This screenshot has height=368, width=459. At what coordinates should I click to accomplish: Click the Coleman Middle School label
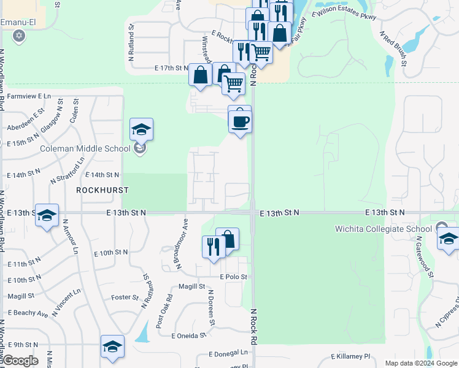pos(85,148)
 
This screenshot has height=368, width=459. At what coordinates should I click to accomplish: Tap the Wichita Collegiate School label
pos(384,229)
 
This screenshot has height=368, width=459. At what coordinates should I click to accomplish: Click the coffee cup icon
pos(240,121)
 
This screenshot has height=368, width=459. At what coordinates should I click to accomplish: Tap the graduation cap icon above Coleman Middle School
pos(141,130)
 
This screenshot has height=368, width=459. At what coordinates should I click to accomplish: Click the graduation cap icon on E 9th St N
pos(112,347)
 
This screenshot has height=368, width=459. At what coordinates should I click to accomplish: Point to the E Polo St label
pos(233,277)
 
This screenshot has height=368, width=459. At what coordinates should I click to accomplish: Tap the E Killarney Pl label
pos(351,356)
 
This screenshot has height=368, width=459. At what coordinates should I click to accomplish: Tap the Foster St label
pos(125,297)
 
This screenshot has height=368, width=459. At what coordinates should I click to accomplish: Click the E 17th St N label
pos(171,68)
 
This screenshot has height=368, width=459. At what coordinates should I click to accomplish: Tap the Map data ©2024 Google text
pos(420,363)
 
